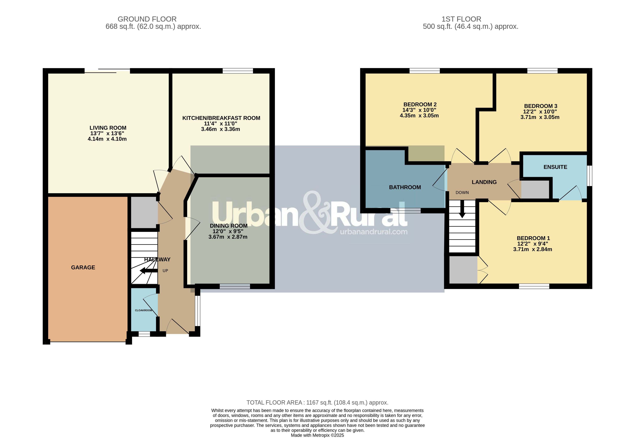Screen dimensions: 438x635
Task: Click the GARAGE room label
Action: [83, 267]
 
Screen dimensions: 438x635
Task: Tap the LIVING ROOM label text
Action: [108, 128]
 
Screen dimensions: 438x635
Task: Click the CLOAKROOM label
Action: [143, 310]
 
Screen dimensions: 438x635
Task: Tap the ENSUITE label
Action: [555, 167]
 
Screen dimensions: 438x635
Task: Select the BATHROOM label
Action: [405, 187]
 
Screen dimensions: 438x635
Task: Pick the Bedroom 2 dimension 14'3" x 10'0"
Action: [419, 110]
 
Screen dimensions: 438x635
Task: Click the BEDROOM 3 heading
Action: [540, 106]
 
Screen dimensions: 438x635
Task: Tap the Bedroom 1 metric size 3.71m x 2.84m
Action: [532, 249]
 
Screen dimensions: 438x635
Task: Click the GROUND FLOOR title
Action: [147, 19]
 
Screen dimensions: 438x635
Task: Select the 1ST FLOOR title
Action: [461, 19]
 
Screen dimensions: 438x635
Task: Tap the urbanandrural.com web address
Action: [373, 232]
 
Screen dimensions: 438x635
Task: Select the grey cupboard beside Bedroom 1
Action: [463, 270]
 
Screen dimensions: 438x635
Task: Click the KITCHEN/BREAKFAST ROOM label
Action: [221, 118]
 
